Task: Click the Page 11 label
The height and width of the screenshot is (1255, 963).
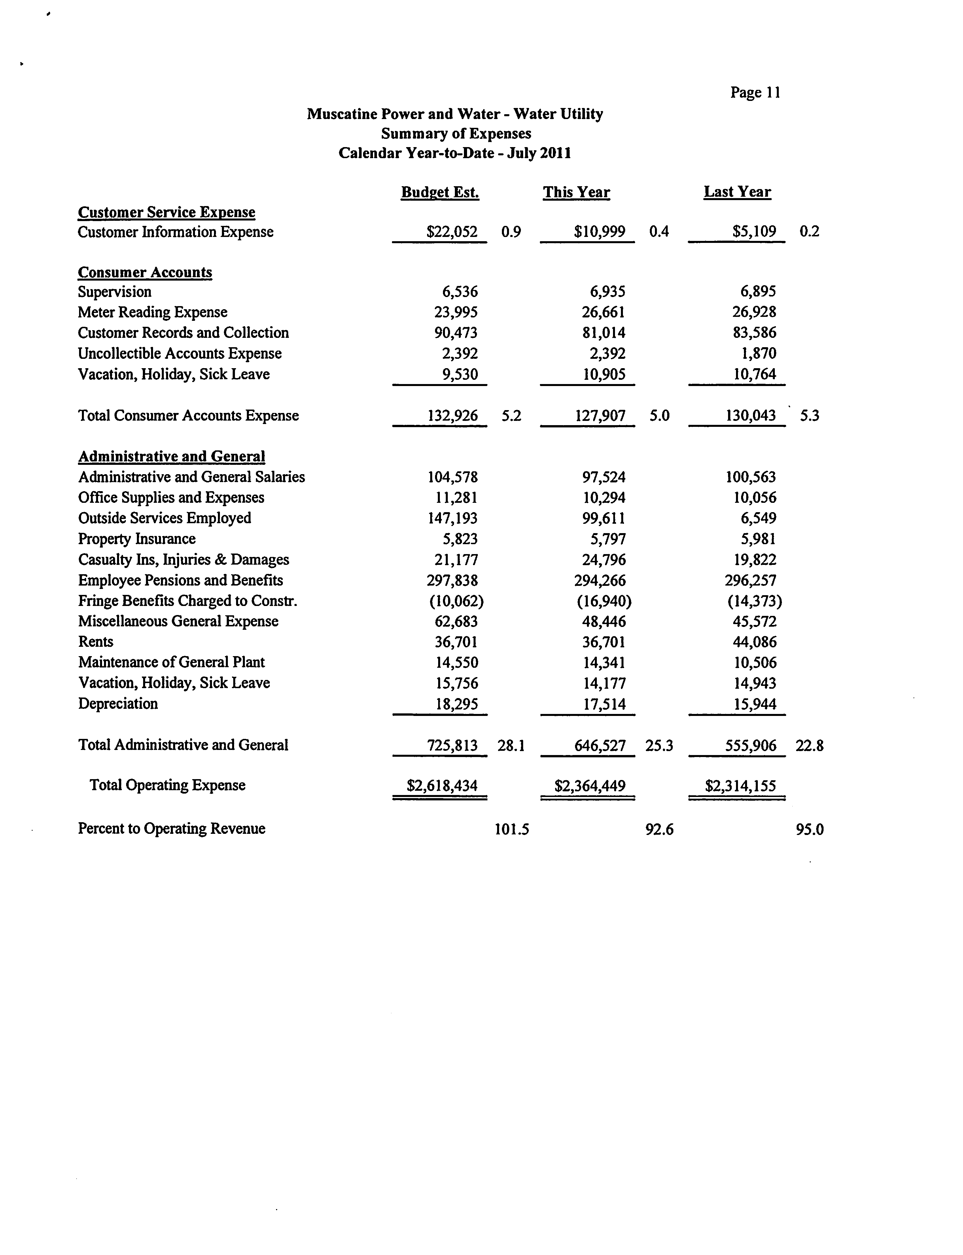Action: [755, 93]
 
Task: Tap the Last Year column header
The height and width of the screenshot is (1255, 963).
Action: [737, 192]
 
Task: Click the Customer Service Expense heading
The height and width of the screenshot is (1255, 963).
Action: [166, 212]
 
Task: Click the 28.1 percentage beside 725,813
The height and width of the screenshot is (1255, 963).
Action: [511, 745]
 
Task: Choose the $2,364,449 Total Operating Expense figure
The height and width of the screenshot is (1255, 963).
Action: [589, 785]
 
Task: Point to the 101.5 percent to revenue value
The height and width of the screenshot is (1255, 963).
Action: [511, 829]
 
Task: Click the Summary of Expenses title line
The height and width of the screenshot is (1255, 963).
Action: [456, 133]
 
